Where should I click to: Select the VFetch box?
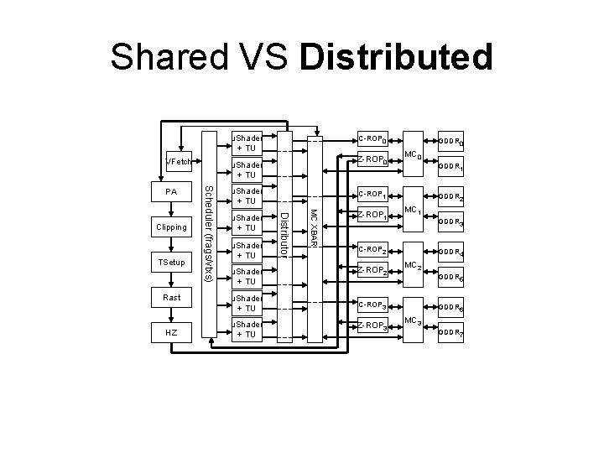(180, 160)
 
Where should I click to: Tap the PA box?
(171, 192)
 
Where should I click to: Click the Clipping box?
(171, 227)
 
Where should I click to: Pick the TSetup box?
(171, 263)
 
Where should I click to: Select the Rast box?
(171, 298)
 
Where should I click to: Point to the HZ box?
(171, 333)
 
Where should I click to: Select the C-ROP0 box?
(371, 138)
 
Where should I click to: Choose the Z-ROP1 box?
(372, 216)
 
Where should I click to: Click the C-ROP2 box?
(372, 250)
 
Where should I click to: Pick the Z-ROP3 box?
(372, 325)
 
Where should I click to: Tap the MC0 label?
(411, 155)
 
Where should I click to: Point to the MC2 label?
(411, 267)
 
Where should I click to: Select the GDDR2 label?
(450, 198)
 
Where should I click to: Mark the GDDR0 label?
(450, 142)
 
